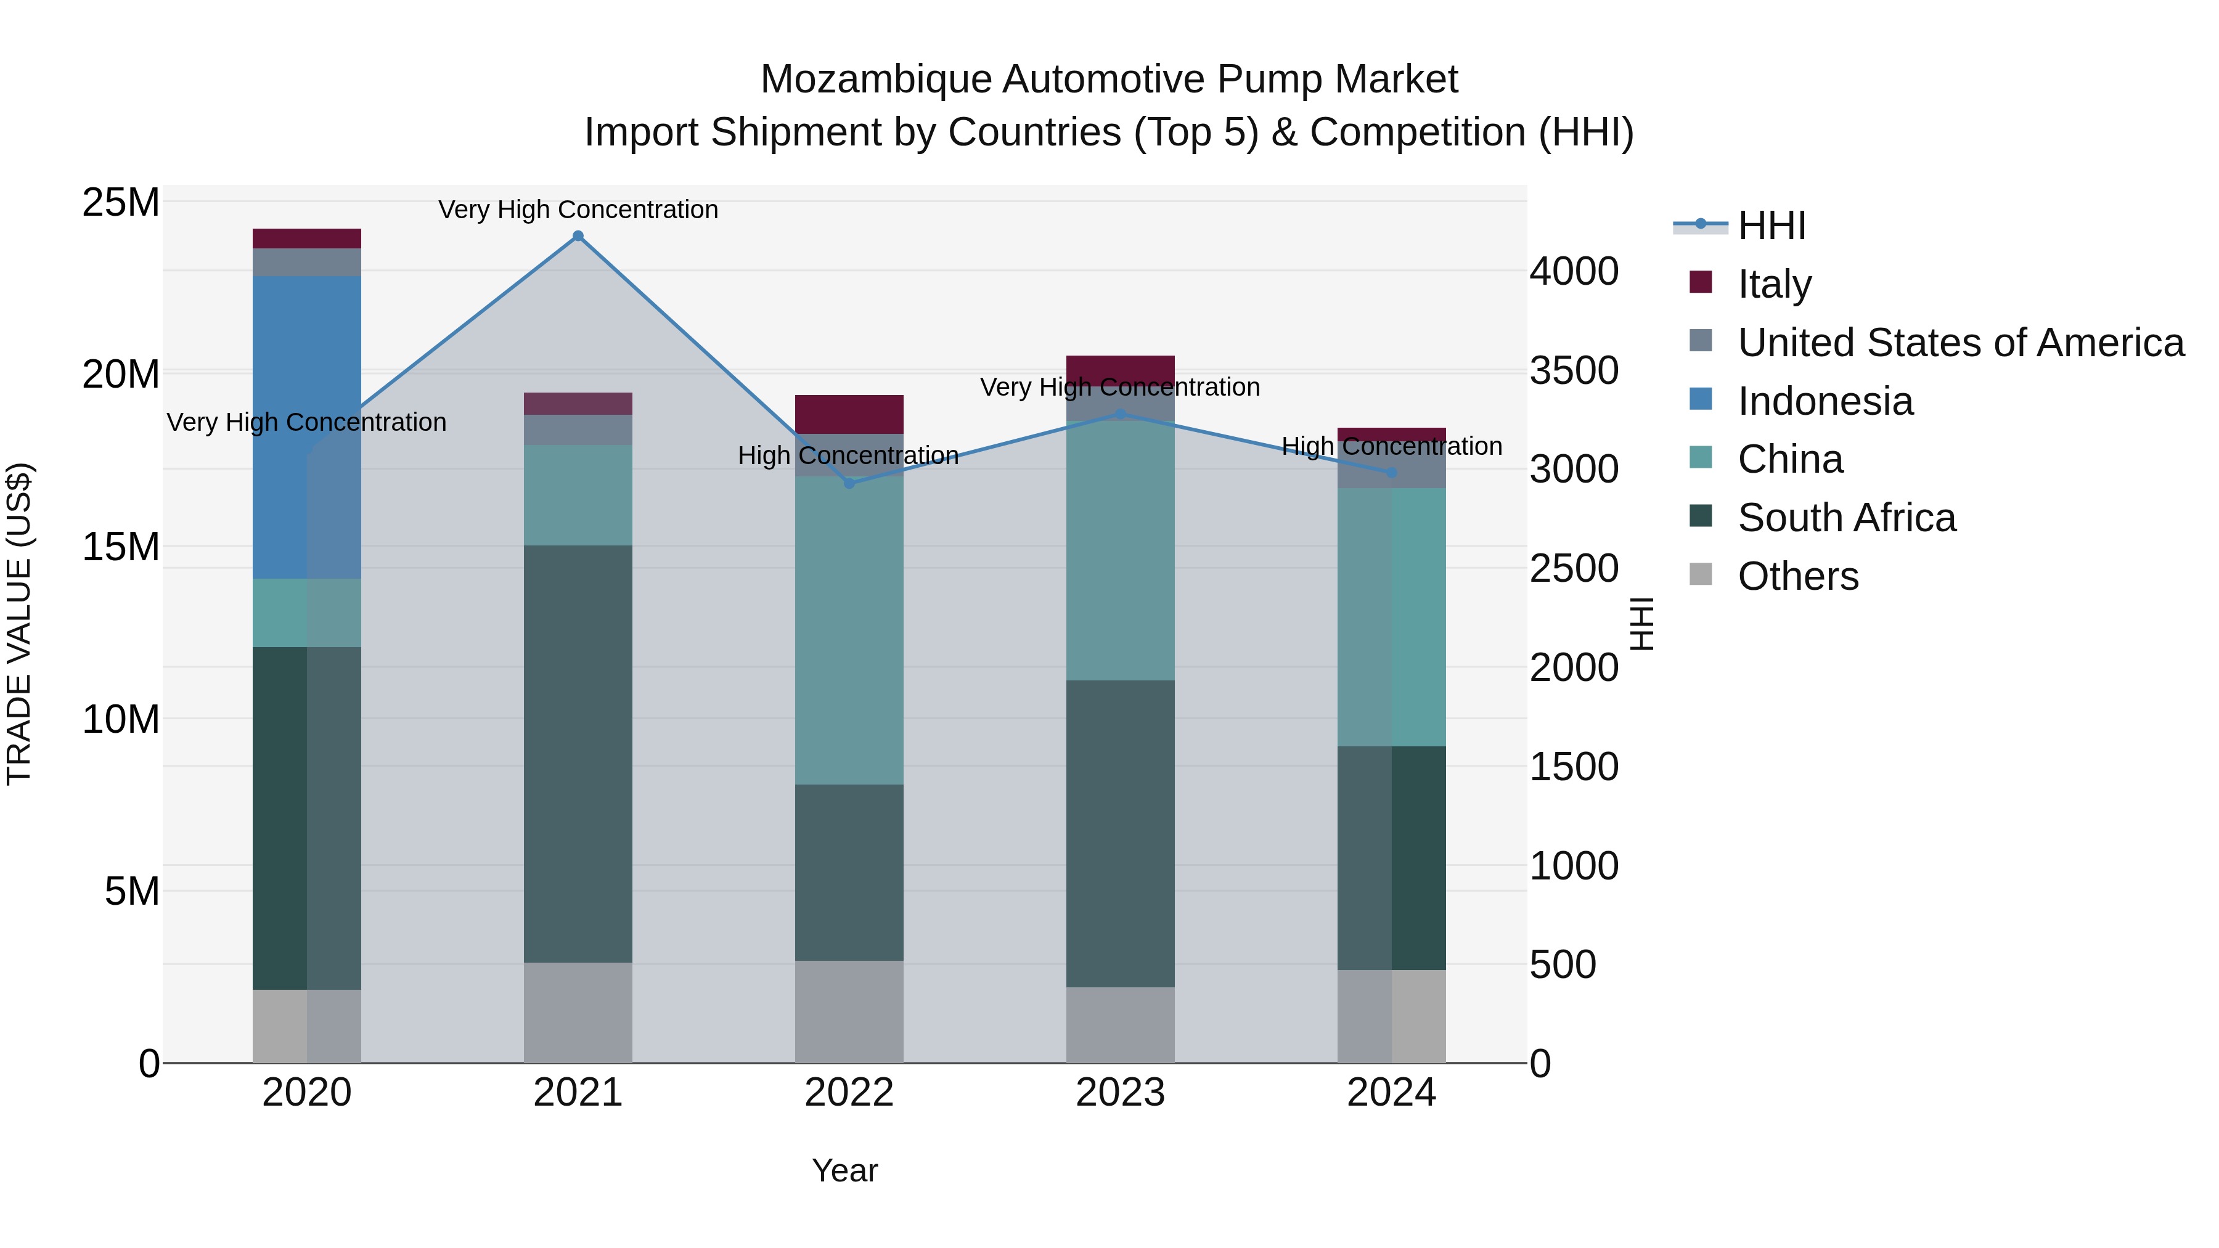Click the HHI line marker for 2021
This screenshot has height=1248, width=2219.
tap(578, 236)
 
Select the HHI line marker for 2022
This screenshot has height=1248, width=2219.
tap(849, 483)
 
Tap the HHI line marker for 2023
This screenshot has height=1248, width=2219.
tap(1120, 414)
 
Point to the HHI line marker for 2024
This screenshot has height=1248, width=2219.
tap(1391, 473)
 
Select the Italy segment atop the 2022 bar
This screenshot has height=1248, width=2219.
tap(849, 414)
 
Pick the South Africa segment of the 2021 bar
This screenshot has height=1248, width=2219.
tap(578, 754)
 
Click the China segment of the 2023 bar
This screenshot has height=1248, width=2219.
tap(1120, 551)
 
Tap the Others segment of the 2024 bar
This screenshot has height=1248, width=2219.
tap(1391, 1016)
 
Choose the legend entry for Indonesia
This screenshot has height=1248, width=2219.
tap(1825, 401)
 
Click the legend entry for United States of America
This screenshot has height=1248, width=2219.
tap(1960, 343)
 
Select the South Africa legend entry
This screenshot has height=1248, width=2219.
tap(1846, 518)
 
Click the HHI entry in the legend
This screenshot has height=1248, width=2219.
tap(1770, 226)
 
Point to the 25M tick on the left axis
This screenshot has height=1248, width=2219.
tap(121, 203)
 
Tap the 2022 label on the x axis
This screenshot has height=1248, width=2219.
tap(849, 1093)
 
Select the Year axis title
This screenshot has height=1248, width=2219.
tap(844, 1170)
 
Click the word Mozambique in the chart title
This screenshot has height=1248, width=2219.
tap(875, 80)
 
